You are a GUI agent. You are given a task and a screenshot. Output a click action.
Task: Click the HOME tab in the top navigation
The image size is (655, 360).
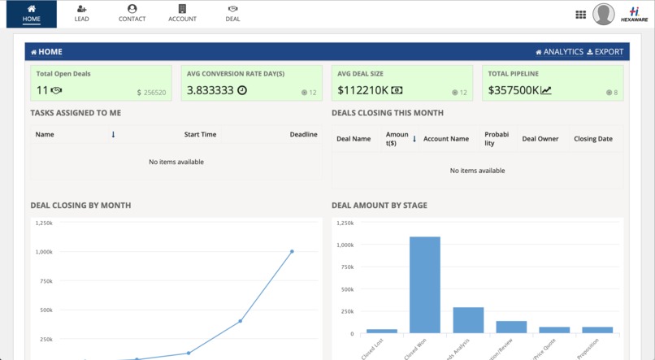pyautogui.click(x=32, y=14)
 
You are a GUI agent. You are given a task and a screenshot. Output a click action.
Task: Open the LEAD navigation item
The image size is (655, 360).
pyautogui.click(x=81, y=14)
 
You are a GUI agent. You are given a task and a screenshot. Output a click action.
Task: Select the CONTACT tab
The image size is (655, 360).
pyautogui.click(x=132, y=14)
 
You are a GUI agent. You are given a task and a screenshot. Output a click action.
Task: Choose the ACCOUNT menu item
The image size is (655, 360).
pyautogui.click(x=182, y=14)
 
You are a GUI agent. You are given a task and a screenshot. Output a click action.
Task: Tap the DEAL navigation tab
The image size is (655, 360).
pyautogui.click(x=232, y=14)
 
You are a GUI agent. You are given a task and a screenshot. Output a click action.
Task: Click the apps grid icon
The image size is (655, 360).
pyautogui.click(x=580, y=15)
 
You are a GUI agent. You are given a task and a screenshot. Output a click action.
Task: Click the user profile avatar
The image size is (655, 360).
pyautogui.click(x=603, y=15)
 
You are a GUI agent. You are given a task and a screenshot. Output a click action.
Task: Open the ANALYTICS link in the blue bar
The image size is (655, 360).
pyautogui.click(x=558, y=52)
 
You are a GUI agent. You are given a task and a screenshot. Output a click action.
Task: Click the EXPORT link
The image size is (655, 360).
pyautogui.click(x=605, y=52)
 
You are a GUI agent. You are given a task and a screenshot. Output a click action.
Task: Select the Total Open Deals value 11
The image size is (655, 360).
pyautogui.click(x=42, y=90)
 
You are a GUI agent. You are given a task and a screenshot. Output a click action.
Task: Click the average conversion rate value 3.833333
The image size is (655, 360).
pyautogui.click(x=210, y=90)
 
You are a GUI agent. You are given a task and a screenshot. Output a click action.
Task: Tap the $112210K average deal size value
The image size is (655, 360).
pyautogui.click(x=362, y=90)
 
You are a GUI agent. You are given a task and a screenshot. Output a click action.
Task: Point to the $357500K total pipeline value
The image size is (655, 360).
pyautogui.click(x=514, y=90)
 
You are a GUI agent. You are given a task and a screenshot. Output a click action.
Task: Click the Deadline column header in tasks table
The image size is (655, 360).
pyautogui.click(x=303, y=135)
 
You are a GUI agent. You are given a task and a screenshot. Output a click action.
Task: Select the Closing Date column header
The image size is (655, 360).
pyautogui.click(x=593, y=139)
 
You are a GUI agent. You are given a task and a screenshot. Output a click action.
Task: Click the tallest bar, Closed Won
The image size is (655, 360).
pyautogui.click(x=424, y=284)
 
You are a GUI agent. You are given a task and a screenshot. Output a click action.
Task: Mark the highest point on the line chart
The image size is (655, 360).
pyautogui.click(x=292, y=252)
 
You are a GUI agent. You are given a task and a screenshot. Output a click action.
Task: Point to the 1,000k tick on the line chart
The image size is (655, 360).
pyautogui.click(x=43, y=252)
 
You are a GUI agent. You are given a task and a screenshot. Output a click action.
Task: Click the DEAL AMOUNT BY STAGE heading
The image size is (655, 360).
pyautogui.click(x=379, y=206)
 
